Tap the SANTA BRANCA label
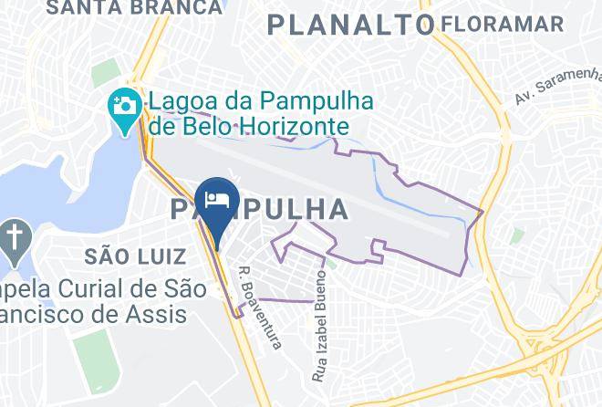pyautogui.click(x=134, y=8)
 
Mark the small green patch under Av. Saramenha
pyautogui.click(x=518, y=235)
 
